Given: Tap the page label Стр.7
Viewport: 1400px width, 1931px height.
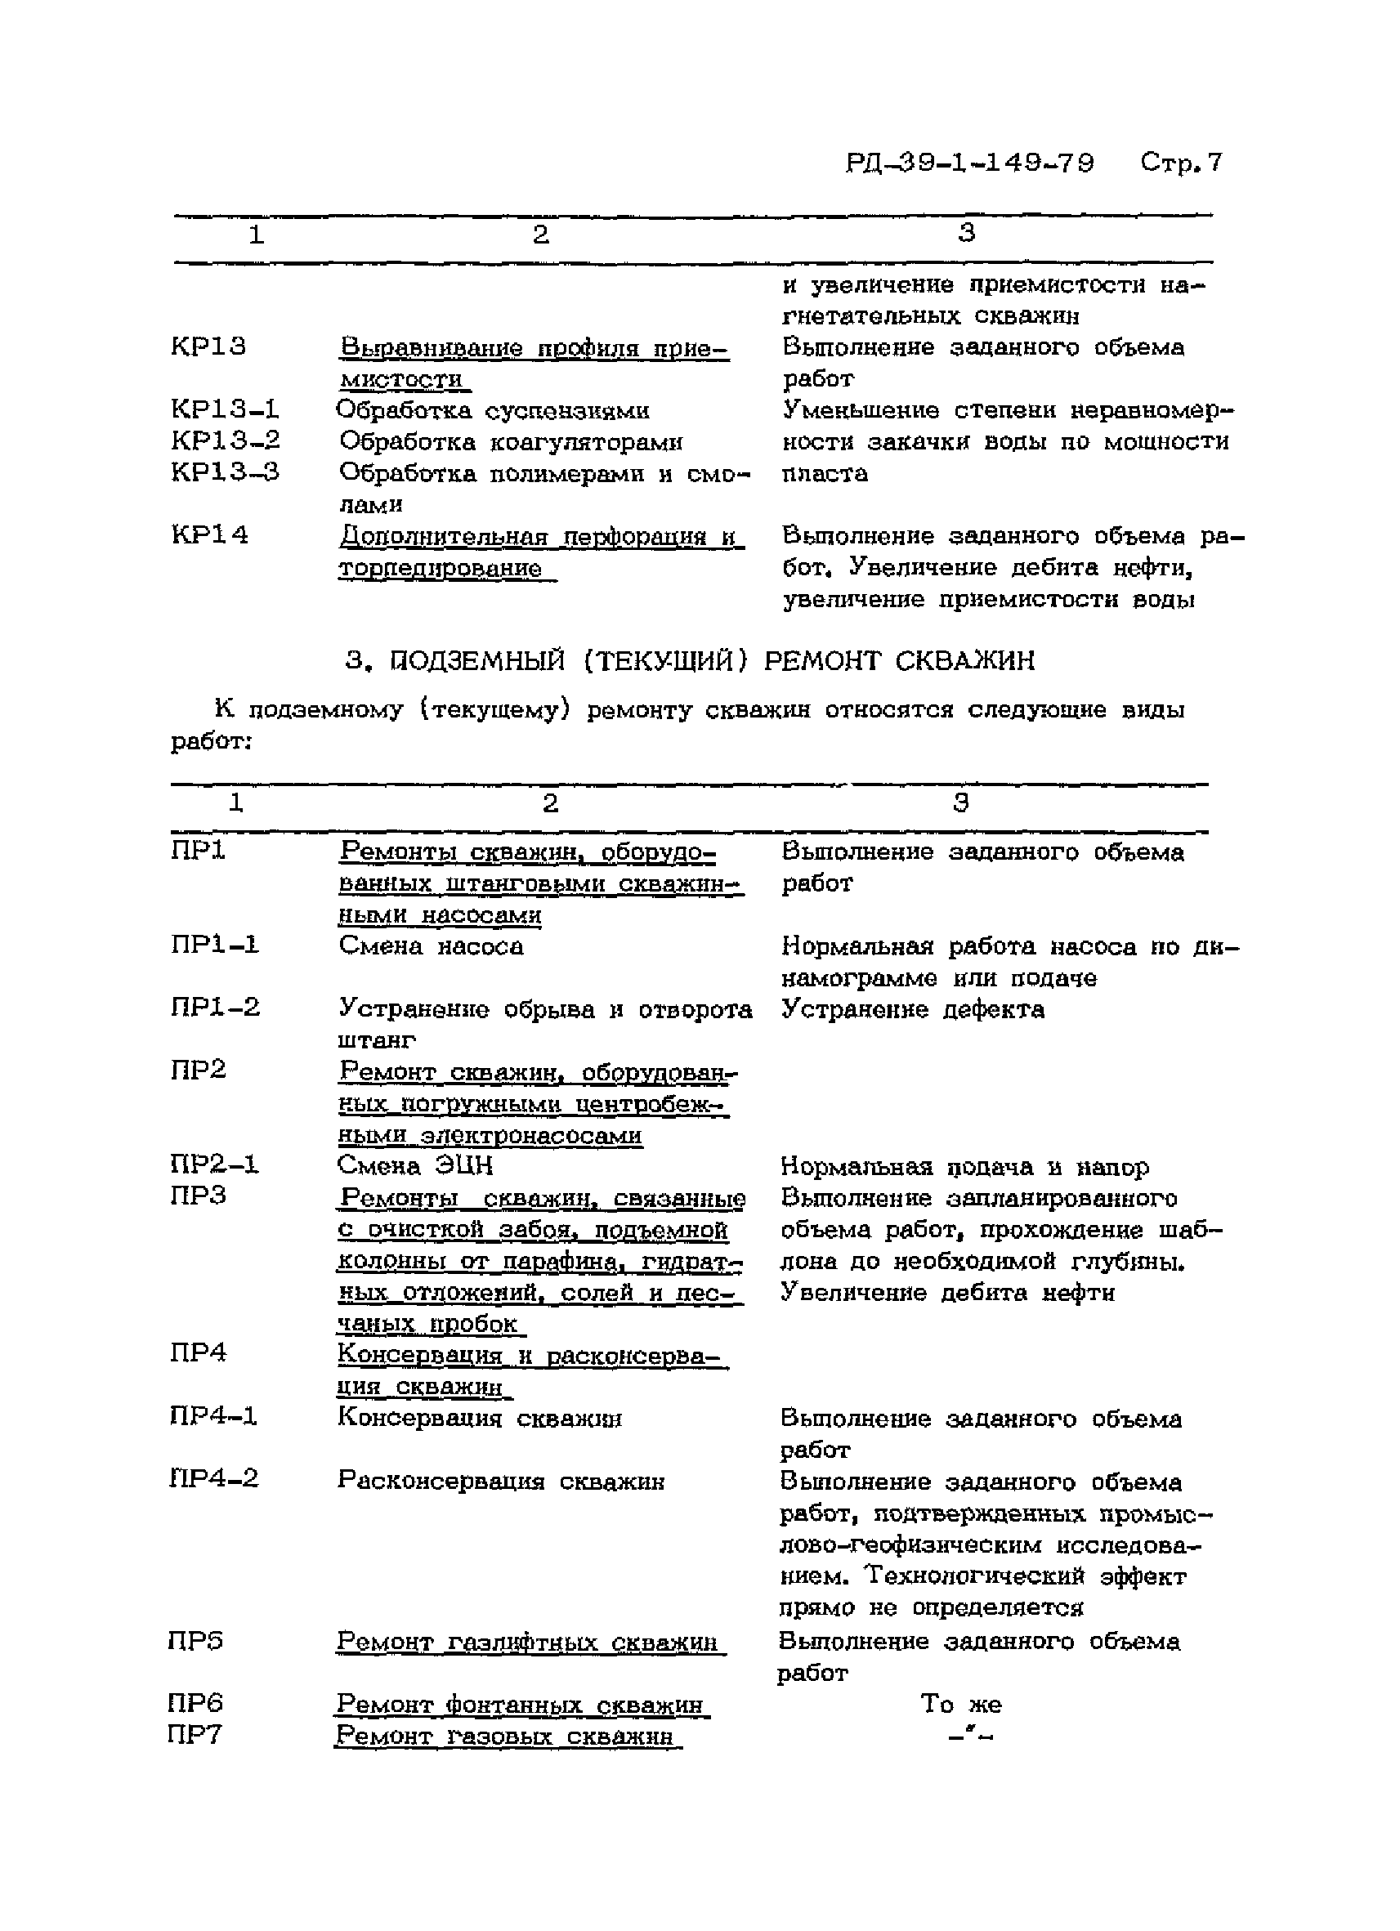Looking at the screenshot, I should pos(1181,162).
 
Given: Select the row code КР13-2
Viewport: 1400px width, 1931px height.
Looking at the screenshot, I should pos(226,441).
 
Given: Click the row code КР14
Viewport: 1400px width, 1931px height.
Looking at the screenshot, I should pos(209,535).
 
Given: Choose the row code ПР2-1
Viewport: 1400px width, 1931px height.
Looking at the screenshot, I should pos(214,1164).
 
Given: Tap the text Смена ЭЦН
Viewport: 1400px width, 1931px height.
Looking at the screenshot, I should pos(414,1164).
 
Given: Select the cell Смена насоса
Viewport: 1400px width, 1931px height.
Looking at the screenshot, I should pos(431,946).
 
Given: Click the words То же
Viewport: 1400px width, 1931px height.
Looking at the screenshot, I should pos(960,1704).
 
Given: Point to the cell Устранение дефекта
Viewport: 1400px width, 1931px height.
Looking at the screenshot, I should pos(912,1010).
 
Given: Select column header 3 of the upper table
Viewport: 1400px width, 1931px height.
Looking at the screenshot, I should pos(966,232).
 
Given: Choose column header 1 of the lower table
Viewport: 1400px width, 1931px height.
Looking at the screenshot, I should pos(236,802).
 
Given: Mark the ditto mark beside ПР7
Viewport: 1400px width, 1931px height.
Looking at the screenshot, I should pos(971,1734).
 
